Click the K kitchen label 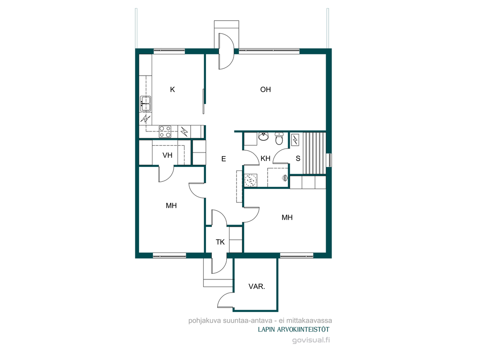(172, 90)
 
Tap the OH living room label (265, 90)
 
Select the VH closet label (167, 155)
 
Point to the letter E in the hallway (224, 159)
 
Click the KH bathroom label (265, 158)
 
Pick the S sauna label (298, 158)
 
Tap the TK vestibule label (220, 242)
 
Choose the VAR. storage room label (256, 287)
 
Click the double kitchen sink (145, 103)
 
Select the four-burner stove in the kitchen (165, 132)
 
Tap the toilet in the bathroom (279, 138)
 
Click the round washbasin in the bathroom (263, 136)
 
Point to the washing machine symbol (251, 180)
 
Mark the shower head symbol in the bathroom (285, 177)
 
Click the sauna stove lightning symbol (295, 140)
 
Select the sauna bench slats (314, 153)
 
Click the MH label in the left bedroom (171, 206)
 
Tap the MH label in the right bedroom (287, 218)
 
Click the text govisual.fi (311, 340)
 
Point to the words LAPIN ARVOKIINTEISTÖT (294, 330)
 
